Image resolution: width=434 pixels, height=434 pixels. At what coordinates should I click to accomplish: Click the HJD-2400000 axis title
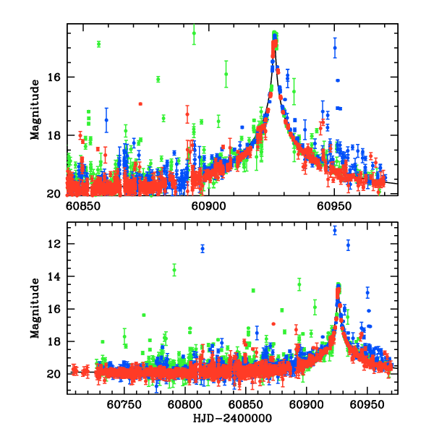231,419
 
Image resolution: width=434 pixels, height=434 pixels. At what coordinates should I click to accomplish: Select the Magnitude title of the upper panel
35,109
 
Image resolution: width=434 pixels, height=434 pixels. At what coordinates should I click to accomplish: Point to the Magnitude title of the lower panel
35,309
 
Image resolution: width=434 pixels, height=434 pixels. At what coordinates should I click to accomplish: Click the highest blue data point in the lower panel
334,231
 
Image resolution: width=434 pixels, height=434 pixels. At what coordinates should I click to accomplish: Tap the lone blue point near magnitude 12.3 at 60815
203,248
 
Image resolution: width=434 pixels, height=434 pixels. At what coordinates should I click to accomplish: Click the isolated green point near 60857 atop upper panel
98,44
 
